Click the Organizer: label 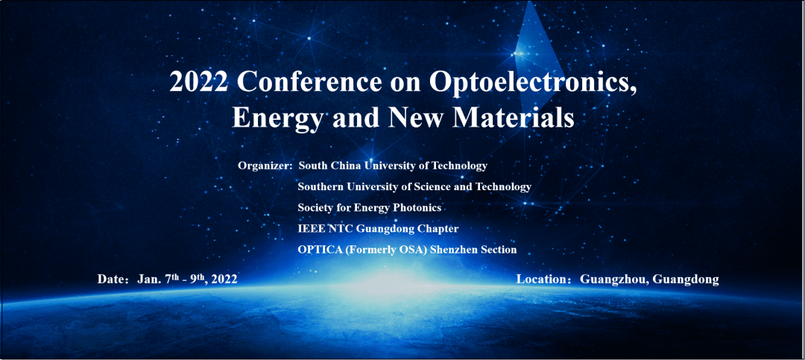[x=265, y=166]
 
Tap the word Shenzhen [x=456, y=250]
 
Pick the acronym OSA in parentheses [x=417, y=250]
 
